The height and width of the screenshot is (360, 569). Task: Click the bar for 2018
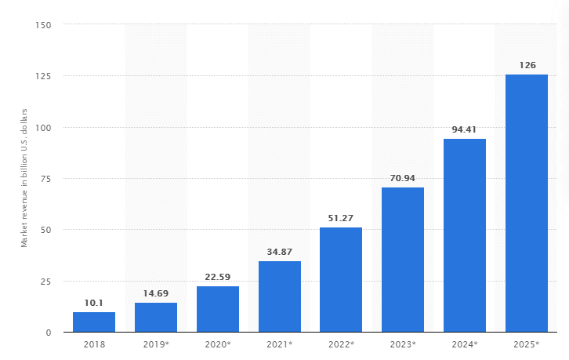pyautogui.click(x=94, y=322)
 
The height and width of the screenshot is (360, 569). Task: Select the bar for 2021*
pyautogui.click(x=280, y=296)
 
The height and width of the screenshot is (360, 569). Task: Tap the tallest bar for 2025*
pyautogui.click(x=527, y=203)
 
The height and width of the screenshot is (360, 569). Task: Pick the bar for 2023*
pyautogui.click(x=403, y=260)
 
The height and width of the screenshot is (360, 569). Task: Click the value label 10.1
pyautogui.click(x=94, y=302)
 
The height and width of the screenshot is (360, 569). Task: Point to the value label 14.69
pyautogui.click(x=155, y=293)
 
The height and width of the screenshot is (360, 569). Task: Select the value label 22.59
pyautogui.click(x=217, y=277)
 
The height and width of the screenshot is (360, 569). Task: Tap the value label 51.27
pyautogui.click(x=341, y=218)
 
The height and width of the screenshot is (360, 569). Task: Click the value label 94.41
pyautogui.click(x=465, y=129)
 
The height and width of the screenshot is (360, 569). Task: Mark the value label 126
pyautogui.click(x=527, y=65)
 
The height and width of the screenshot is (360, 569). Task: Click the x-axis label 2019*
pyautogui.click(x=155, y=344)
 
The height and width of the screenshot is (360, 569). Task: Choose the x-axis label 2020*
pyautogui.click(x=217, y=344)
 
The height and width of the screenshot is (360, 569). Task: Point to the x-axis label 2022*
pyautogui.click(x=341, y=344)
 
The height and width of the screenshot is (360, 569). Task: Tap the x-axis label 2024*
pyautogui.click(x=465, y=344)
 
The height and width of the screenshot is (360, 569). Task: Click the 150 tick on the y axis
pyautogui.click(x=43, y=25)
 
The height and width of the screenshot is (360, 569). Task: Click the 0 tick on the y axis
pyautogui.click(x=49, y=333)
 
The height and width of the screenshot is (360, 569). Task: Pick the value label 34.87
pyautogui.click(x=280, y=252)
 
